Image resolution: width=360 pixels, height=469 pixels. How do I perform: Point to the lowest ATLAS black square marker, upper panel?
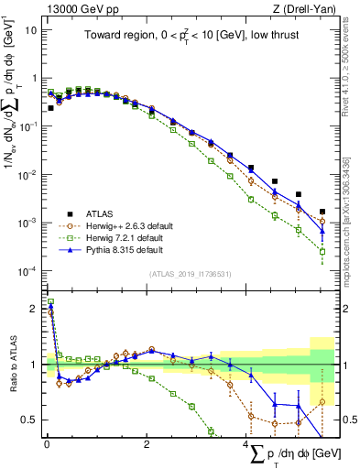[x=322, y=212]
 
